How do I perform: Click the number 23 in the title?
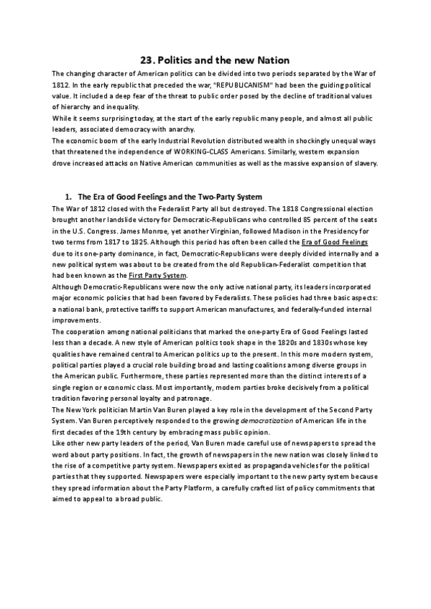145,60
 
